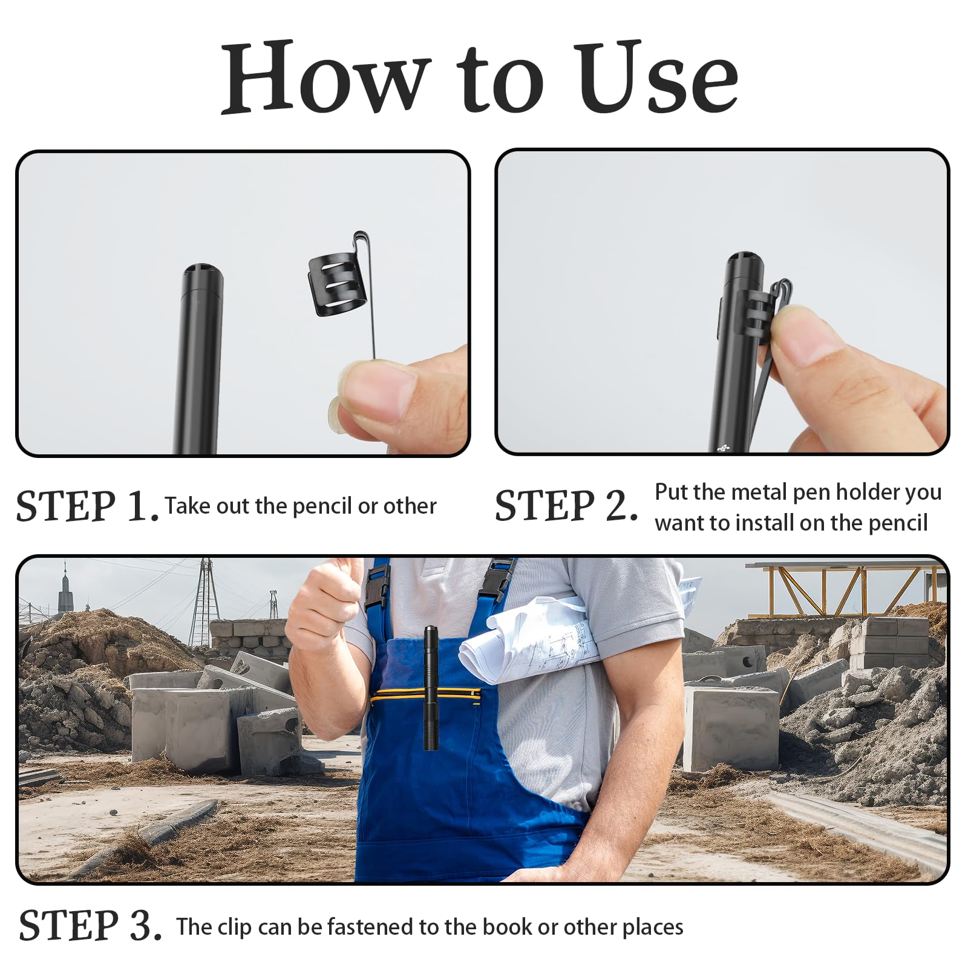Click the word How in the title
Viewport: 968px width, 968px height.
coord(326,77)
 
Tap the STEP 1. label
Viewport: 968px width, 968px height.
coord(88,506)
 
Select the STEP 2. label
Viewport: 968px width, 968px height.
coord(566,505)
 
